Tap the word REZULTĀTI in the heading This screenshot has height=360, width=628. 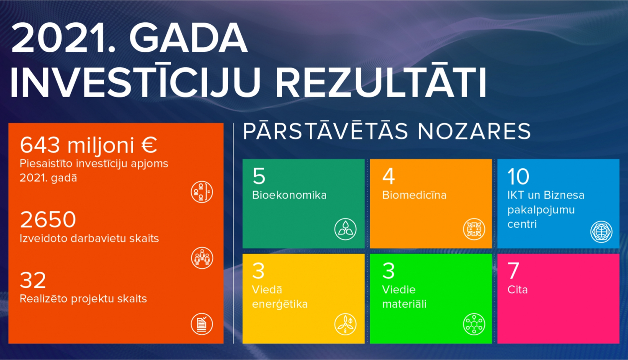[x=381, y=83]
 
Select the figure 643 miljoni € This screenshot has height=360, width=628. [x=88, y=145]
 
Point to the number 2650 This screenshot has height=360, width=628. [x=48, y=219]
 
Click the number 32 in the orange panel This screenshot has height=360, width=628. [x=33, y=280]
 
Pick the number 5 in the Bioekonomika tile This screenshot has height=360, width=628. [x=259, y=176]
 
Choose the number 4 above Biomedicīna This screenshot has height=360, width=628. [x=389, y=176]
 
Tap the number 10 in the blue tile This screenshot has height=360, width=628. [x=518, y=176]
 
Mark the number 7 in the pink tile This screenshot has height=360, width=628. [x=513, y=271]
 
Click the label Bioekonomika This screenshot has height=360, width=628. [x=289, y=195]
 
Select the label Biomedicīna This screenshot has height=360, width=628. [x=414, y=195]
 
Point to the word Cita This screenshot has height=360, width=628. [x=517, y=290]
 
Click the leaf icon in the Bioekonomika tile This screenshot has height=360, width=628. [x=345, y=229]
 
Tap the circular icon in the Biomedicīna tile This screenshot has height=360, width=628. [x=474, y=229]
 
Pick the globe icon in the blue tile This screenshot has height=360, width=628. [x=601, y=232]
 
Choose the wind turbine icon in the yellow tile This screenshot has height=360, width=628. [x=345, y=324]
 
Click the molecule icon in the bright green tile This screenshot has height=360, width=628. [x=474, y=324]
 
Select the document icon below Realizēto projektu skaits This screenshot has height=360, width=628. [x=202, y=324]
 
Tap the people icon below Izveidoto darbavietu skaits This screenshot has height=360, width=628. [x=202, y=258]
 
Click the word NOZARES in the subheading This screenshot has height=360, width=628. [x=474, y=131]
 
